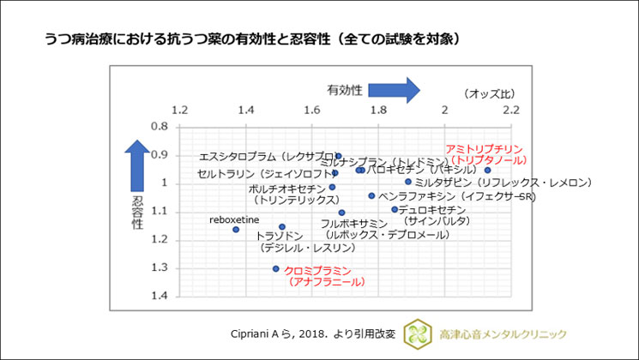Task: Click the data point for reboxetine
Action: tap(236, 230)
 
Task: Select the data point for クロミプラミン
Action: tap(275, 268)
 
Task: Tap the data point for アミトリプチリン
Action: tap(487, 170)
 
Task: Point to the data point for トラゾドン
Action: tap(282, 227)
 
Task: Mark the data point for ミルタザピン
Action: tap(407, 181)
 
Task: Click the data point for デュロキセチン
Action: tap(395, 209)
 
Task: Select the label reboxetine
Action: tap(235, 219)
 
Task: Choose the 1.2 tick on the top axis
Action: tap(180, 111)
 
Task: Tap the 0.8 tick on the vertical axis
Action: tap(159, 126)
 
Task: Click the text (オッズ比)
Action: tap(489, 93)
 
